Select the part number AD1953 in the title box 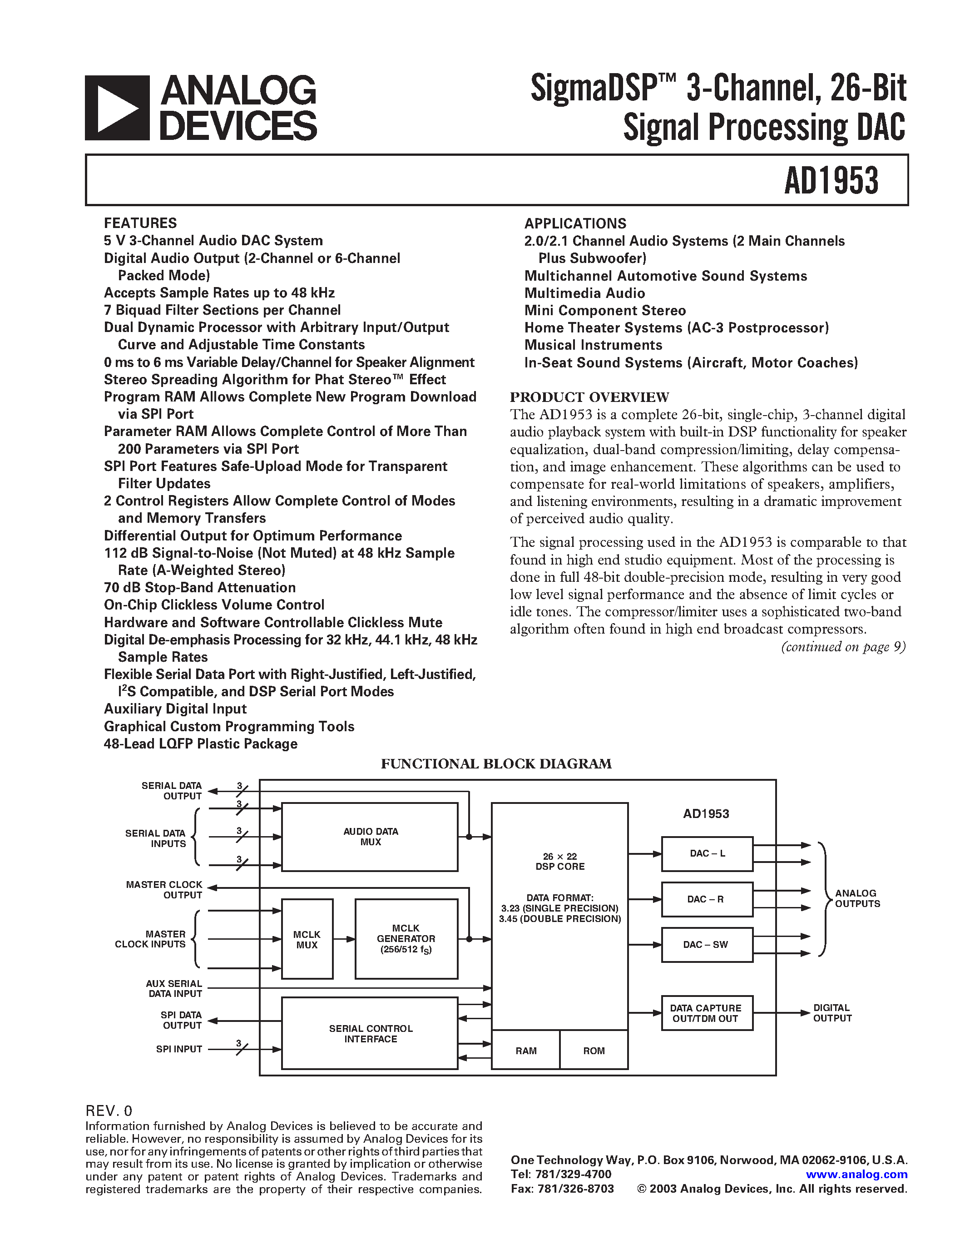831,181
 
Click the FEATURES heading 140,223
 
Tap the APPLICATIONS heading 575,223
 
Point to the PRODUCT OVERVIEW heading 589,397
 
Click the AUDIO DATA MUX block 370,837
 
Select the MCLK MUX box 307,939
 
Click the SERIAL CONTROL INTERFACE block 370,1033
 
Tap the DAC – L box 707,854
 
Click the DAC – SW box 707,945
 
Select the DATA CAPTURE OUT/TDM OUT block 707,1013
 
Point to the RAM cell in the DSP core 526,1051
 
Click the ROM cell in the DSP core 594,1051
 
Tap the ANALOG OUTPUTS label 857,898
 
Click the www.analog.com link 856,1174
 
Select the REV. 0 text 109,1110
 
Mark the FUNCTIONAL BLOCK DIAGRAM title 496,764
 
